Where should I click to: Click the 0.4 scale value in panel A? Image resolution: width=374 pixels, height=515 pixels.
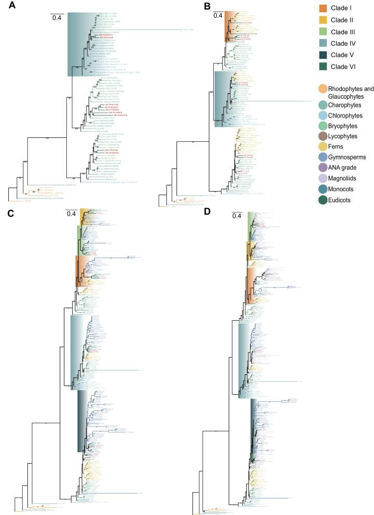pos(57,18)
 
